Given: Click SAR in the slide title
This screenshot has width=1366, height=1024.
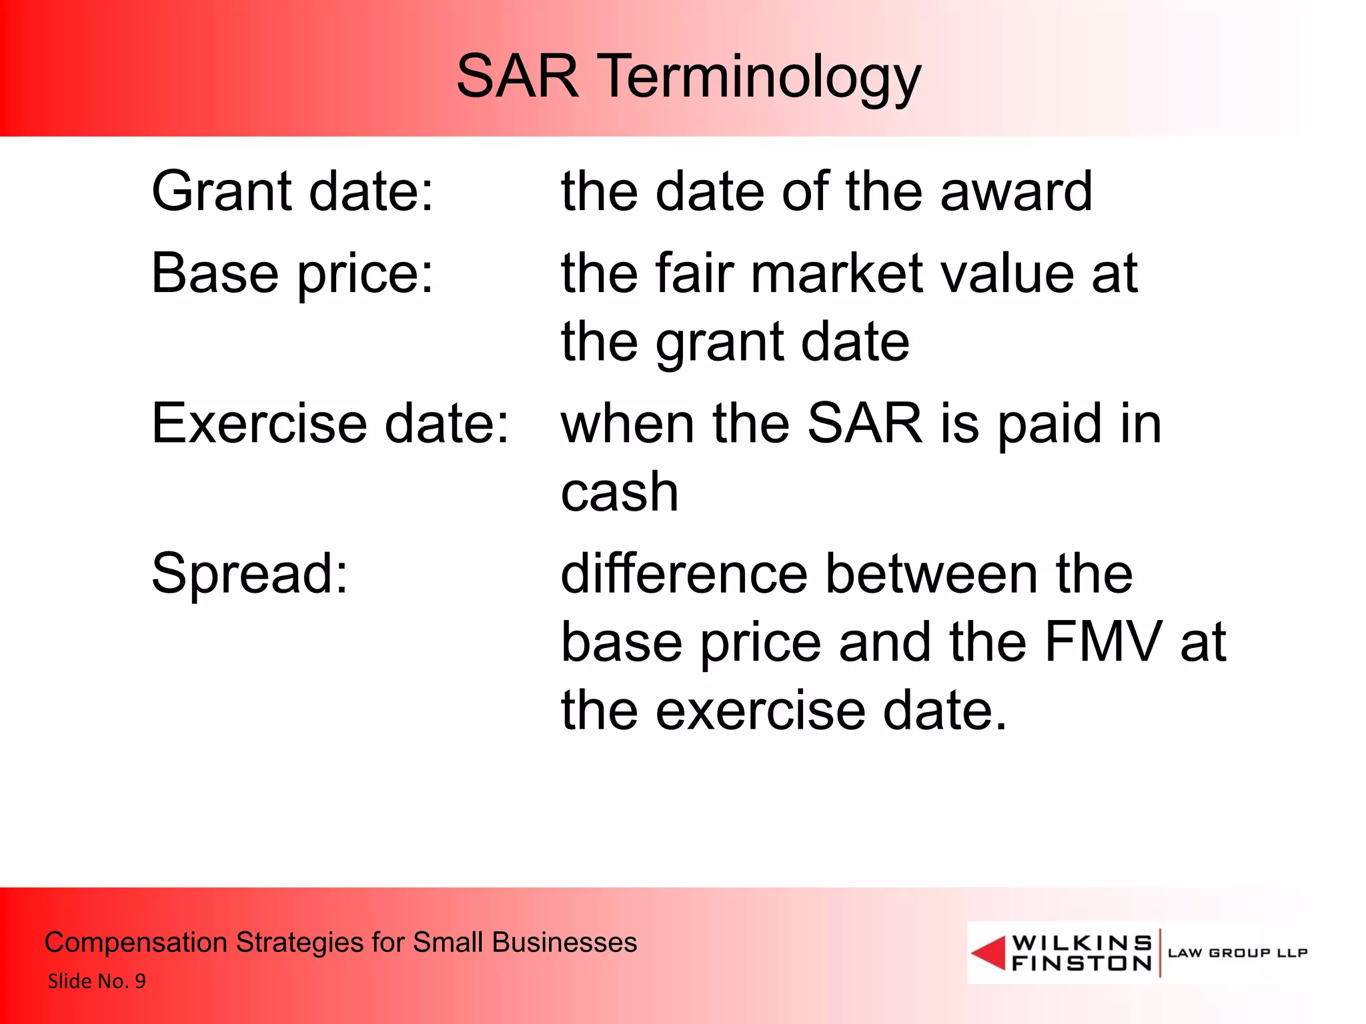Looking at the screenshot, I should (x=518, y=77).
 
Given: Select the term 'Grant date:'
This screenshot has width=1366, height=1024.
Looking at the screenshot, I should (x=293, y=192).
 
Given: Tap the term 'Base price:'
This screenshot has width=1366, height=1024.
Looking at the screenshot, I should (x=292, y=274).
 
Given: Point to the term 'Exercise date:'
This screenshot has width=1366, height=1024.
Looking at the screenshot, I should (x=330, y=424).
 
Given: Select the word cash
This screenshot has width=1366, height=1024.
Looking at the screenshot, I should (x=620, y=493).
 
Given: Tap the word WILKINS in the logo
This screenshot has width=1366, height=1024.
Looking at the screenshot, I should (x=1081, y=943).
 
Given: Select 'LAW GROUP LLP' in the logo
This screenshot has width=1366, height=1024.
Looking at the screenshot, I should (x=1237, y=953).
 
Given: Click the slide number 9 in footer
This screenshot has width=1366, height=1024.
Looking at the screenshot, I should (x=140, y=981).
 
